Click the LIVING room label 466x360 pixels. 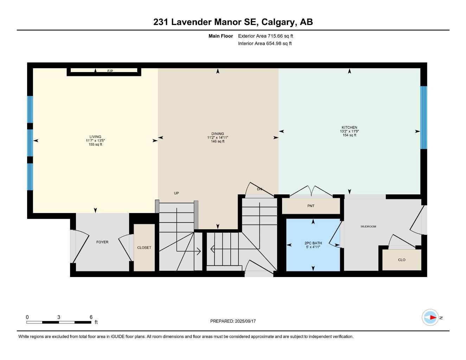(95, 137)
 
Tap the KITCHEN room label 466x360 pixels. (349, 128)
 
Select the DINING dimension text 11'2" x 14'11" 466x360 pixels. (218, 137)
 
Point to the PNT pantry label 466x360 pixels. (311, 206)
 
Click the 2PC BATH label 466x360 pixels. (313, 243)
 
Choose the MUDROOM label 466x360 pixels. (368, 226)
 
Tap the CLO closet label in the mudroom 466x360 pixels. (402, 260)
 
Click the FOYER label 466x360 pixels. (102, 242)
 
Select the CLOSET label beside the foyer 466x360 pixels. (144, 248)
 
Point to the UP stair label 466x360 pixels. (176, 193)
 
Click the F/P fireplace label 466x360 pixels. (110, 71)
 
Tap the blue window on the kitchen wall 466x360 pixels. (423, 117)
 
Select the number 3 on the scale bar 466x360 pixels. (58, 317)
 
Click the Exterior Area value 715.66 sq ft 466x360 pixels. (280, 36)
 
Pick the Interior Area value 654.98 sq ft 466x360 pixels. (279, 44)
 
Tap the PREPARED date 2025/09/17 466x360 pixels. (245, 321)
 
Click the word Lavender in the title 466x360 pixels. (191, 22)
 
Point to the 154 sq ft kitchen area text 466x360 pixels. (349, 135)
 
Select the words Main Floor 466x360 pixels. (221, 36)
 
